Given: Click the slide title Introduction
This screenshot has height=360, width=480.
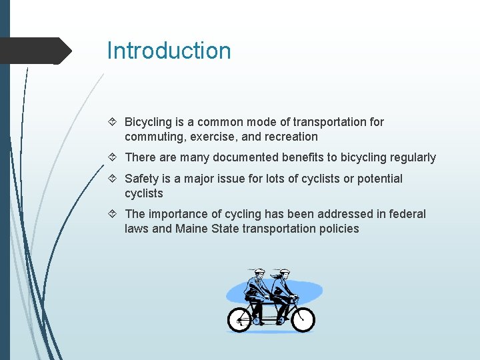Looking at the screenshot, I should click(x=169, y=51).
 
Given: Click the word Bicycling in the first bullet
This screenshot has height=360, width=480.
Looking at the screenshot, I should click(x=148, y=122).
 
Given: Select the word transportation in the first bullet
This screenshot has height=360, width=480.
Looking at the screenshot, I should click(x=331, y=122).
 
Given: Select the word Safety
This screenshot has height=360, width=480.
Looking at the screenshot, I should click(x=141, y=179).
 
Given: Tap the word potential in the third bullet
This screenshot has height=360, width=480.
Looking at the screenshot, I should click(x=379, y=179).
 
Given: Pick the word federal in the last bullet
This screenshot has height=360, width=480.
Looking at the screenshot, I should click(x=407, y=214).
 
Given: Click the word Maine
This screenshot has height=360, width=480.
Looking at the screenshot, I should click(x=191, y=229).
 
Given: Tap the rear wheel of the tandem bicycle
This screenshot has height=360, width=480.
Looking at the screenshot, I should click(x=240, y=320).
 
